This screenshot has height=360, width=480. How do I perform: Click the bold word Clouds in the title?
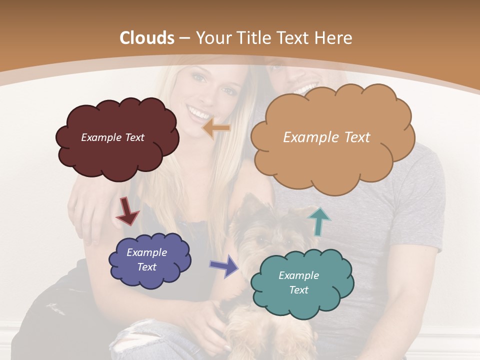point(147,38)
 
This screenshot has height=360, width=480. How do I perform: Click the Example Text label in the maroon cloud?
point(112,137)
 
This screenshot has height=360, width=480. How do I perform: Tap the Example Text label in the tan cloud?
point(326,137)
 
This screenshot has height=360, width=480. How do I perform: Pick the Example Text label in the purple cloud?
point(147,259)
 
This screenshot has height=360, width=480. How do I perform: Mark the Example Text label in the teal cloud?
point(298,282)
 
